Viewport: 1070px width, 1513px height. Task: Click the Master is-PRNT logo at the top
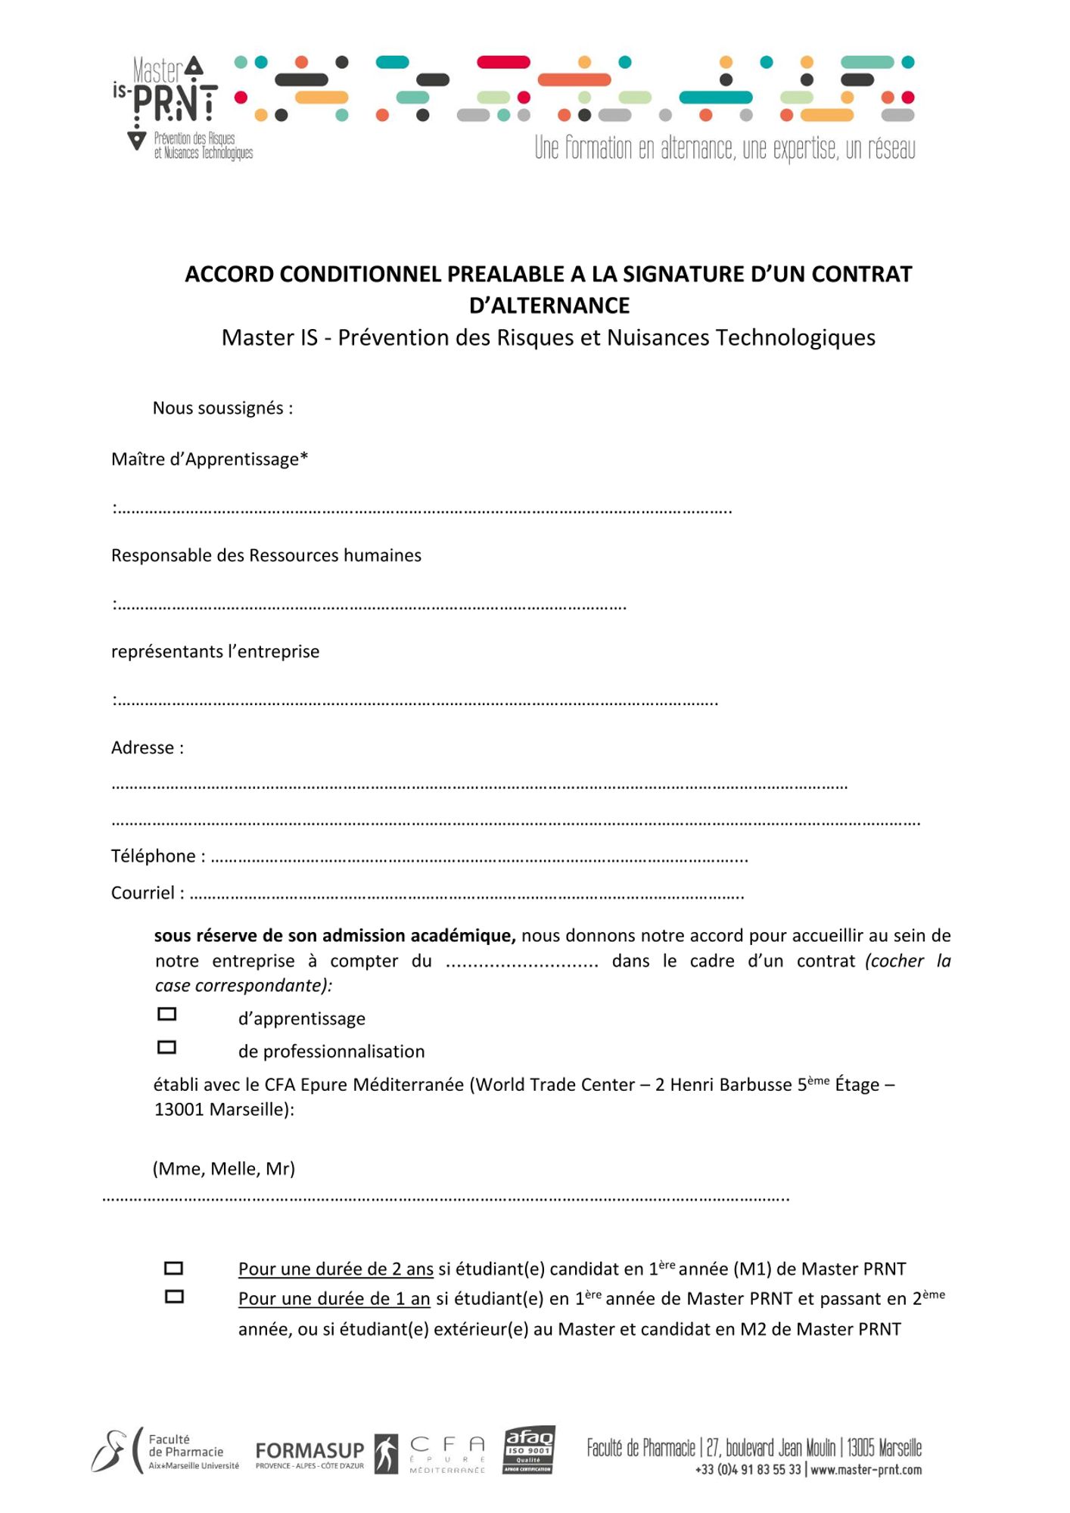(x=182, y=106)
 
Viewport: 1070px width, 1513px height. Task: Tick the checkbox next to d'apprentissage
(x=166, y=1014)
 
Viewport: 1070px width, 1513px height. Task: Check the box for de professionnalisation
(x=166, y=1048)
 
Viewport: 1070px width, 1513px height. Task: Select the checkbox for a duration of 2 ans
(x=174, y=1269)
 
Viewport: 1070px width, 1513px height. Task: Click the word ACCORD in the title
(x=229, y=274)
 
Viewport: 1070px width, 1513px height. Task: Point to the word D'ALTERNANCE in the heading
(x=549, y=306)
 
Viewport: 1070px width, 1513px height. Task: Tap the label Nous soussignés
(x=222, y=409)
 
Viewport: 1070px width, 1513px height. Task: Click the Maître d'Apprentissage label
(x=210, y=459)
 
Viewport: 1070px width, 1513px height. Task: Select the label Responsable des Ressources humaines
(x=266, y=555)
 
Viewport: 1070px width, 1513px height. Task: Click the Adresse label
(x=147, y=747)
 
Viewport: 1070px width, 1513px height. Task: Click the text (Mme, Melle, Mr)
(x=224, y=1169)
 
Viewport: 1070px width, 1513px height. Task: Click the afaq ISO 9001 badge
(x=529, y=1450)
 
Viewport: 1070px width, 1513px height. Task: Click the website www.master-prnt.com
(x=866, y=1470)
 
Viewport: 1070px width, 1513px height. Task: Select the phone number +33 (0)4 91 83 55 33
(x=748, y=1470)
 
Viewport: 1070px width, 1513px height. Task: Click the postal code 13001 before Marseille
(x=179, y=1110)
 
